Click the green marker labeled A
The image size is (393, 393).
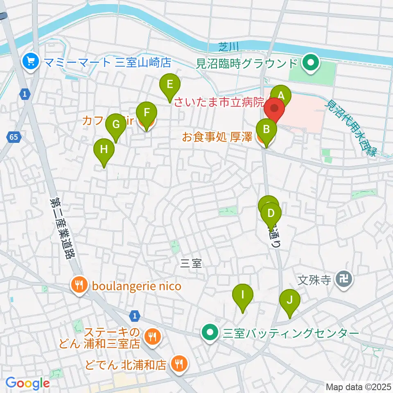pyautogui.click(x=281, y=96)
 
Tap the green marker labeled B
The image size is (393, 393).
pyautogui.click(x=266, y=130)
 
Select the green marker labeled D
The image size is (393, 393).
pyautogui.click(x=271, y=213)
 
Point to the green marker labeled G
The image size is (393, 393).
pyautogui.click(x=116, y=124)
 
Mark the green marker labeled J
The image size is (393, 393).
pyautogui.click(x=289, y=300)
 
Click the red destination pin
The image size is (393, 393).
pyautogui.click(x=274, y=110)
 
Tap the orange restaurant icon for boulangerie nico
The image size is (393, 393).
pyautogui.click(x=79, y=285)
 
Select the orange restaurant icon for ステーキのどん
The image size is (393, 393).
pyautogui.click(x=154, y=337)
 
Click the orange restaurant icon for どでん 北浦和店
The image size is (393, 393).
pyautogui.click(x=178, y=363)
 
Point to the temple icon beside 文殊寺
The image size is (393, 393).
pyautogui.click(x=341, y=280)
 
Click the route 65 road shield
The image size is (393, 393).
pyautogui.click(x=14, y=137)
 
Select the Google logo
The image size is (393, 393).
pyautogui.click(x=27, y=383)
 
